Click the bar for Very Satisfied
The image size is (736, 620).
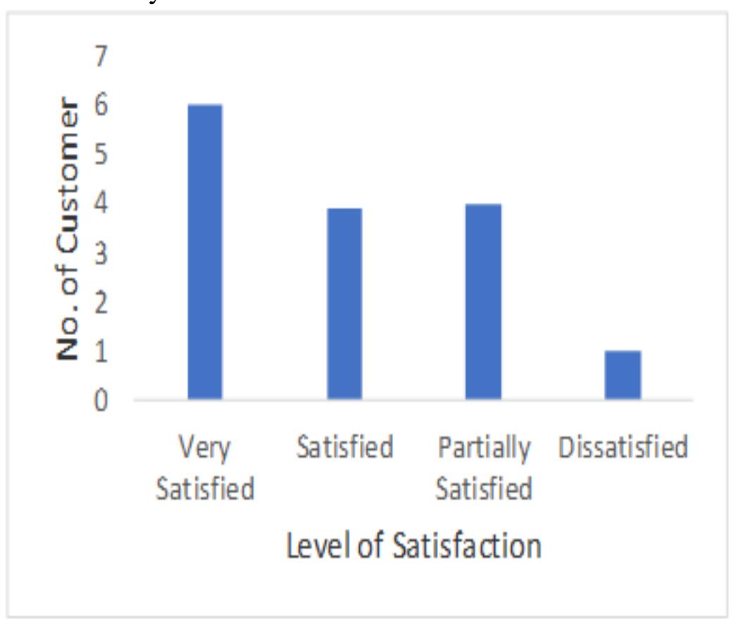tap(204, 252)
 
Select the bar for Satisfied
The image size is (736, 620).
tap(344, 304)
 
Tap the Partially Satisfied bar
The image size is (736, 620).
tap(483, 302)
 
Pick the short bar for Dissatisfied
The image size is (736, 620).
tap(623, 375)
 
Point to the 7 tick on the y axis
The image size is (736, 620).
tap(103, 56)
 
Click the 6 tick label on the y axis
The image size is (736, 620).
tap(103, 105)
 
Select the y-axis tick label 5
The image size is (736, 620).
tap(103, 155)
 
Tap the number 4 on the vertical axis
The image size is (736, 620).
tap(103, 204)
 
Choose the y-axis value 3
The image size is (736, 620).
tap(103, 253)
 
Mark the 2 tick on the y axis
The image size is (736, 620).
tap(103, 303)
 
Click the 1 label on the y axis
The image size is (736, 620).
tap(103, 353)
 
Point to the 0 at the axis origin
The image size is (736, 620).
tap(103, 402)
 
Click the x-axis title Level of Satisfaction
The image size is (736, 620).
tap(414, 547)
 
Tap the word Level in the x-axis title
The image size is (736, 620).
tap(314, 547)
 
